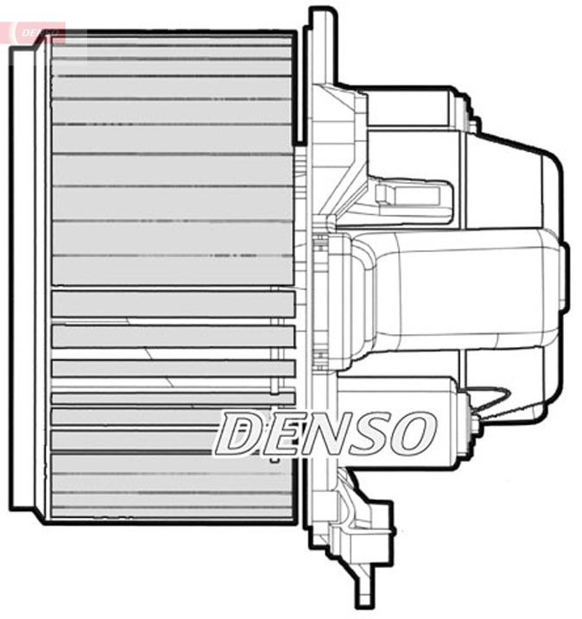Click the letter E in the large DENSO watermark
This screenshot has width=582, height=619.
point(281,433)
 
